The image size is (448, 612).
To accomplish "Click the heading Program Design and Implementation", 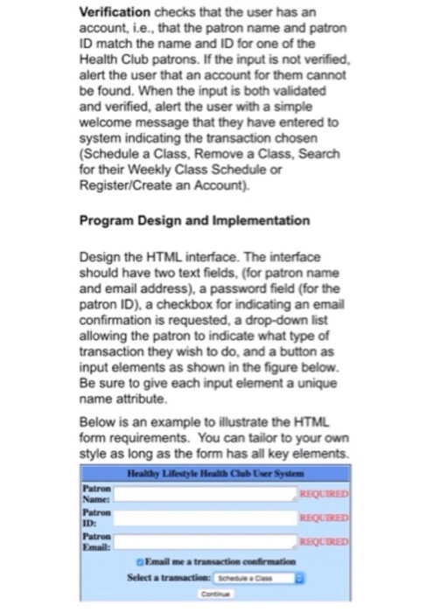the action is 194,219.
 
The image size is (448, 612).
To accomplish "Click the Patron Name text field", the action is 218,493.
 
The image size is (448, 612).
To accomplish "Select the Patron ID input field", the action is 218,517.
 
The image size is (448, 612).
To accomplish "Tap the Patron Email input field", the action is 218,540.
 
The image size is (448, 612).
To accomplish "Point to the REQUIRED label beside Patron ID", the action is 349,516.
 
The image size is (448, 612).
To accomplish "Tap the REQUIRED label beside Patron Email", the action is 349,539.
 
